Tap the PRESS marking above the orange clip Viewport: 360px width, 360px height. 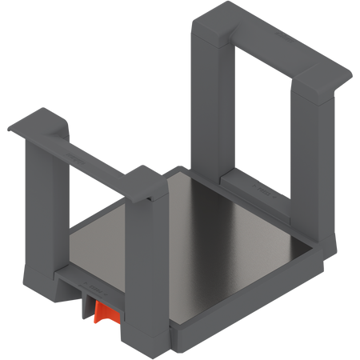pyautogui.click(x=94, y=284)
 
